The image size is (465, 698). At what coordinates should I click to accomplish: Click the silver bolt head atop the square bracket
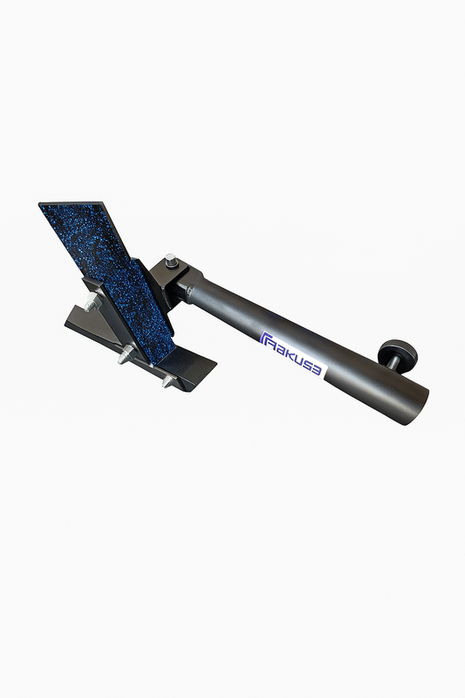click(x=171, y=260)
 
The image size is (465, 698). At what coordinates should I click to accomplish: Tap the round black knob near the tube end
click(x=397, y=351)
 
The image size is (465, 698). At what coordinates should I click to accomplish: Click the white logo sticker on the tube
click(x=293, y=353)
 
